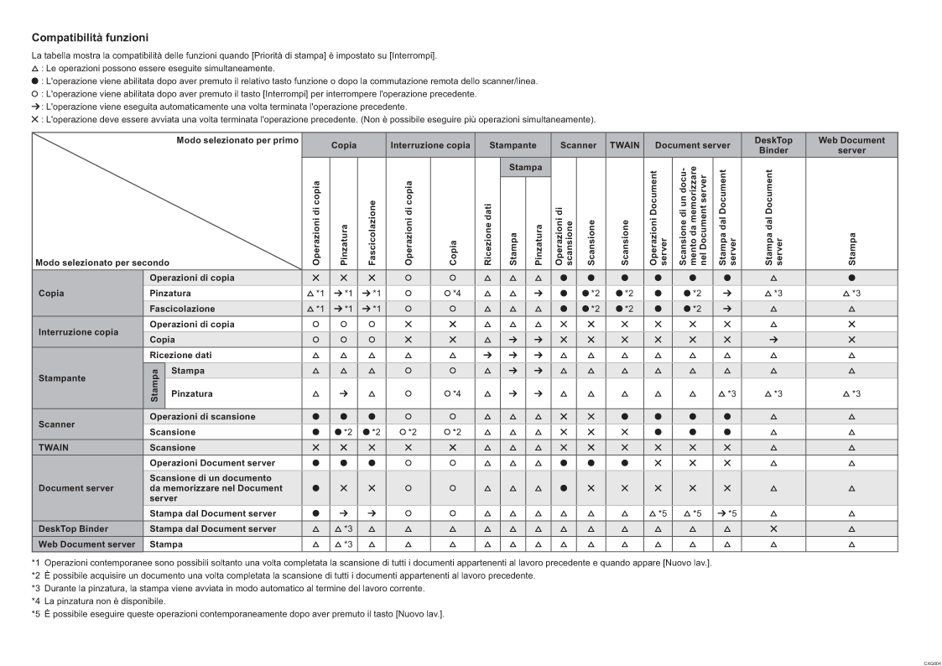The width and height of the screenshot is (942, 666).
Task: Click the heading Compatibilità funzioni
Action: click(90, 38)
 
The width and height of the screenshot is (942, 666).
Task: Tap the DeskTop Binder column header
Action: click(773, 145)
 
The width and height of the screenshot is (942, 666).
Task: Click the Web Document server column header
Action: click(851, 145)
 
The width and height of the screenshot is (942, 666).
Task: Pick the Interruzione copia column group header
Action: click(430, 145)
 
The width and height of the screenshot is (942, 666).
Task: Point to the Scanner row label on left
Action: click(56, 424)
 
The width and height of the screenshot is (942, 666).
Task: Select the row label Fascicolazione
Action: click(182, 309)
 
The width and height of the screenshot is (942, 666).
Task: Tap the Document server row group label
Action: click(77, 486)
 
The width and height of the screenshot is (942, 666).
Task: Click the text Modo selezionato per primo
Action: click(237, 139)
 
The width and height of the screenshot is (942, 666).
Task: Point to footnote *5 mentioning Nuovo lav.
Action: click(238, 613)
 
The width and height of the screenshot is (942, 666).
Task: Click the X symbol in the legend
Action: click(35, 118)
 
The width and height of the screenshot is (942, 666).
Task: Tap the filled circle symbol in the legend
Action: click(35, 81)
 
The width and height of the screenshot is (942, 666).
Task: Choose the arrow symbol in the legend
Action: click(35, 106)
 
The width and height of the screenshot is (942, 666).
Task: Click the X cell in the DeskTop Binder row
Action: click(773, 528)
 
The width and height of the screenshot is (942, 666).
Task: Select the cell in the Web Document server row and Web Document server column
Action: click(851, 544)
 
